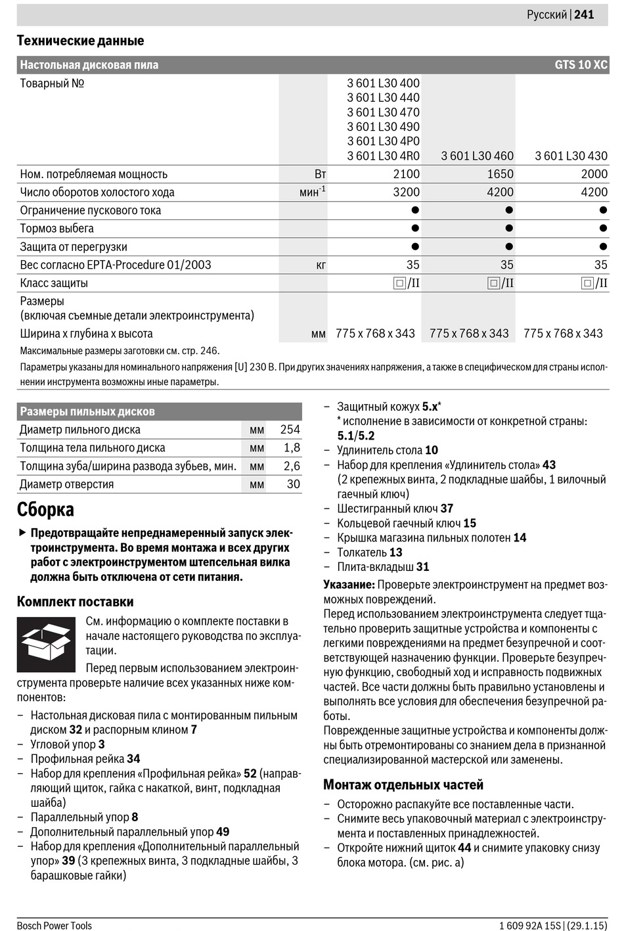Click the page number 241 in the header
[584, 14]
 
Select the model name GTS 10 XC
[581, 65]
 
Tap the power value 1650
[500, 174]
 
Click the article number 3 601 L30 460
[477, 156]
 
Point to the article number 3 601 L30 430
[571, 156]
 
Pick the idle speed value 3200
[406, 192]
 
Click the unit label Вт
[320, 174]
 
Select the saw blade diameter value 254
[290, 430]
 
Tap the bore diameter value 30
[293, 484]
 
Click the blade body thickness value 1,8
[292, 448]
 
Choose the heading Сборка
[45, 510]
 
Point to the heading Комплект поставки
[75, 602]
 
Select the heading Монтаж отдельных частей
[403, 784]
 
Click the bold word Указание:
[349, 585]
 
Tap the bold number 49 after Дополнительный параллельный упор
[223, 832]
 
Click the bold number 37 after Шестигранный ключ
[447, 509]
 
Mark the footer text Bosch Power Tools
[55, 926]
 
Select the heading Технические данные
[80, 41]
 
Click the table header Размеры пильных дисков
[87, 412]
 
